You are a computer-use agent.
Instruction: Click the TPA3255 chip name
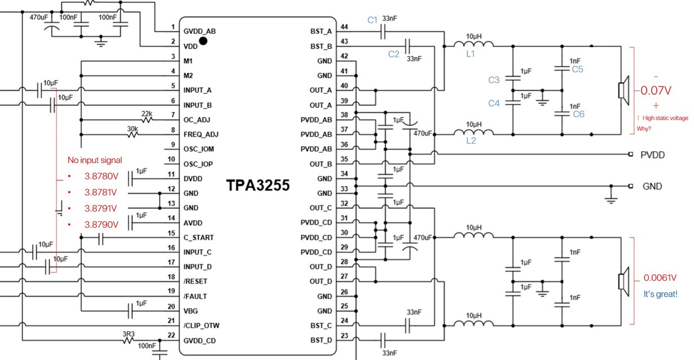pos(258,186)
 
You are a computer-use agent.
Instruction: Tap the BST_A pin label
pos(321,31)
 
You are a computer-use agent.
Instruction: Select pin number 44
pos(344,27)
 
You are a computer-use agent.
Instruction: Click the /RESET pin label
pos(195,281)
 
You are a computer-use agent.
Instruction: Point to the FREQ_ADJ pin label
pos(201,134)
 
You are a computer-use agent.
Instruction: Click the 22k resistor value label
pos(147,113)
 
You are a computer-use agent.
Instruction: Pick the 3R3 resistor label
pos(129,334)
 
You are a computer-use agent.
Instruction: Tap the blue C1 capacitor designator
pos(372,20)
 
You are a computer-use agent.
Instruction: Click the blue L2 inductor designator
pos(471,141)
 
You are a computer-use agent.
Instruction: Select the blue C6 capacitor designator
pos(578,114)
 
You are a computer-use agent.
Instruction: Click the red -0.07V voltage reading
pos(655,90)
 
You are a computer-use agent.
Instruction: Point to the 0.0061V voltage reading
pos(660,278)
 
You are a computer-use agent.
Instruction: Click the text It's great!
pos(660,294)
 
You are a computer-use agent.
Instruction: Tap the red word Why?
pos(645,129)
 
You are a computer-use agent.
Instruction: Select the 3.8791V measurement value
pos(102,208)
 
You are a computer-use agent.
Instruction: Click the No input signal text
pos(94,160)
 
